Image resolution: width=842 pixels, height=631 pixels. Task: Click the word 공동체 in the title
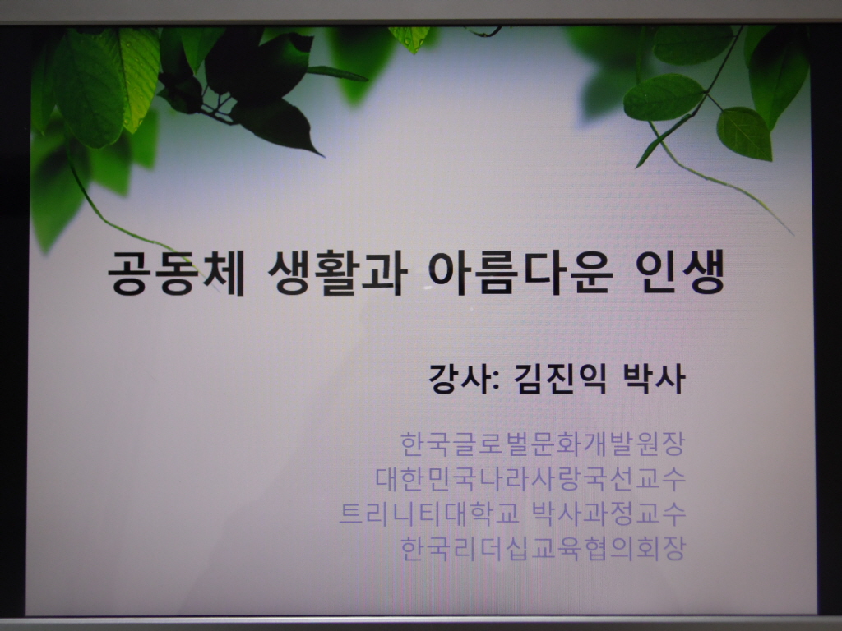pyautogui.click(x=177, y=272)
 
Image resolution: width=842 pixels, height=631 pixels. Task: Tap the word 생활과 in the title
pyautogui.click(x=336, y=273)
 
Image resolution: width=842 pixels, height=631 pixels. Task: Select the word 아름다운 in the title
pyautogui.click(x=520, y=273)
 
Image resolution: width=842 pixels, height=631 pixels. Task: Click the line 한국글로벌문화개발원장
pyautogui.click(x=543, y=444)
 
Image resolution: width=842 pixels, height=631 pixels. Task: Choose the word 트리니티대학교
pyautogui.click(x=429, y=513)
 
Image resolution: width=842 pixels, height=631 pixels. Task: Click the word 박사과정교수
pyautogui.click(x=608, y=513)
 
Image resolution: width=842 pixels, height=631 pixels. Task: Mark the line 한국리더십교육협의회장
pyautogui.click(x=543, y=548)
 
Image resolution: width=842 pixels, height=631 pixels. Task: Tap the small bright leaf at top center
pyautogui.click(x=412, y=38)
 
